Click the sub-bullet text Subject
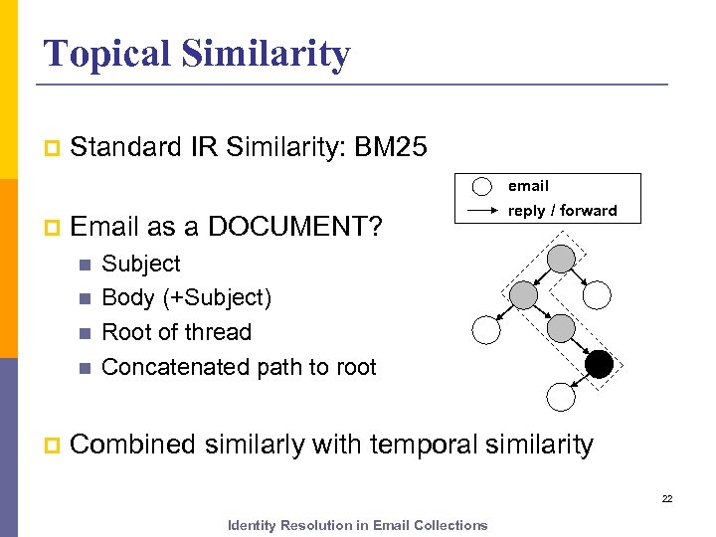[x=141, y=264]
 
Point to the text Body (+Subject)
[x=186, y=297]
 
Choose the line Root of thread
[x=176, y=332]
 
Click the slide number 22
[x=667, y=499]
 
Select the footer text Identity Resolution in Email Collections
[x=357, y=525]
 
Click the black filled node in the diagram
[x=599, y=365]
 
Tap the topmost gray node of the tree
[x=562, y=259]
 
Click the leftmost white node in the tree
[x=487, y=330]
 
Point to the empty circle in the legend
[x=481, y=187]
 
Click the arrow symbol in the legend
[x=481, y=211]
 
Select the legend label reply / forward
[x=562, y=211]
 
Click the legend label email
[x=528, y=186]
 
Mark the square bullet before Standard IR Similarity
[x=51, y=149]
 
